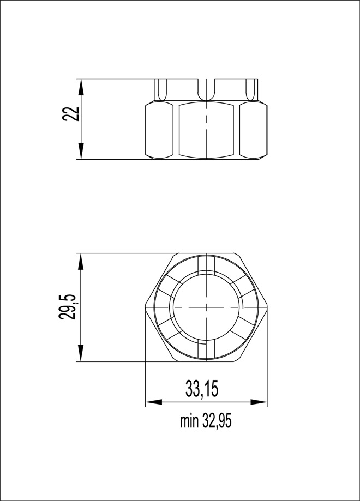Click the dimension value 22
point(71,113)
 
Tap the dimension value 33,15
point(202,389)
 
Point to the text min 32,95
point(205,421)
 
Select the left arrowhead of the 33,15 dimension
point(154,402)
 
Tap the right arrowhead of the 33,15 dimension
point(259,402)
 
